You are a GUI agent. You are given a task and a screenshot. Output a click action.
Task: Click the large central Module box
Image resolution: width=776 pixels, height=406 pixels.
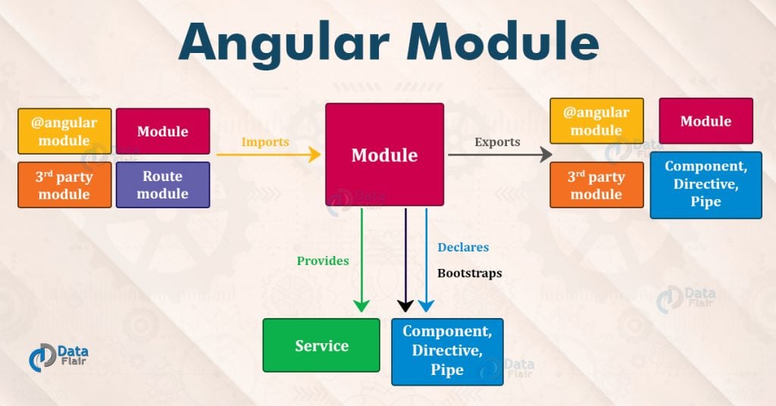click(384, 155)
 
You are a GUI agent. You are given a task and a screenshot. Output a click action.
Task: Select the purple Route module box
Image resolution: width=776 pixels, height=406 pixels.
click(163, 185)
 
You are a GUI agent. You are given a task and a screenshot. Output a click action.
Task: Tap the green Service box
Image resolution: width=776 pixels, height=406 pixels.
click(321, 345)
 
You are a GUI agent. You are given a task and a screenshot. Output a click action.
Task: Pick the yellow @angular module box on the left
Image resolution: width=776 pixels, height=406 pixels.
click(64, 131)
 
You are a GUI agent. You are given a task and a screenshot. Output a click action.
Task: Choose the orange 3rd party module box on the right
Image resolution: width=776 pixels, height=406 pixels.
click(596, 185)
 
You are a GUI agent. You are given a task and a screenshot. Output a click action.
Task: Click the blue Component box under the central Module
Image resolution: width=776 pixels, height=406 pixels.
click(447, 351)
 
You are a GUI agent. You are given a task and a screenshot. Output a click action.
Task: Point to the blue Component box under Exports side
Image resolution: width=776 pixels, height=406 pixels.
click(706, 184)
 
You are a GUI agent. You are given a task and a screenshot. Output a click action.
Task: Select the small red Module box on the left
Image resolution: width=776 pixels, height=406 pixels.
click(163, 131)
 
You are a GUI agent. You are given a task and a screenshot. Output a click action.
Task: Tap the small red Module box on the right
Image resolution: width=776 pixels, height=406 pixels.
click(706, 121)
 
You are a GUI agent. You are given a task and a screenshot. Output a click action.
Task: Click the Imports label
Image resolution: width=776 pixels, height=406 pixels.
click(265, 142)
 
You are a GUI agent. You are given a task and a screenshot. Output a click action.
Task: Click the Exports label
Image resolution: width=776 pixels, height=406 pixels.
click(497, 142)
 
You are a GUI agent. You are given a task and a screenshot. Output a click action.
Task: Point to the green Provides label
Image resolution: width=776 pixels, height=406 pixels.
click(323, 261)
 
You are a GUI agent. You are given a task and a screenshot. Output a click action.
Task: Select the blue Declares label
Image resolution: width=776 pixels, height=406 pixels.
click(463, 247)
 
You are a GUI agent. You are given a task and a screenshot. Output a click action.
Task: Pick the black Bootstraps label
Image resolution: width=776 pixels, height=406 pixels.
click(469, 273)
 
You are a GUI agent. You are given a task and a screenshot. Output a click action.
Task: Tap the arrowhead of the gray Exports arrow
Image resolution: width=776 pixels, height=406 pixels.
click(544, 155)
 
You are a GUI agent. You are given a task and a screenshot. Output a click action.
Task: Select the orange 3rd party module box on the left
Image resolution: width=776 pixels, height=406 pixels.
click(64, 185)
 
